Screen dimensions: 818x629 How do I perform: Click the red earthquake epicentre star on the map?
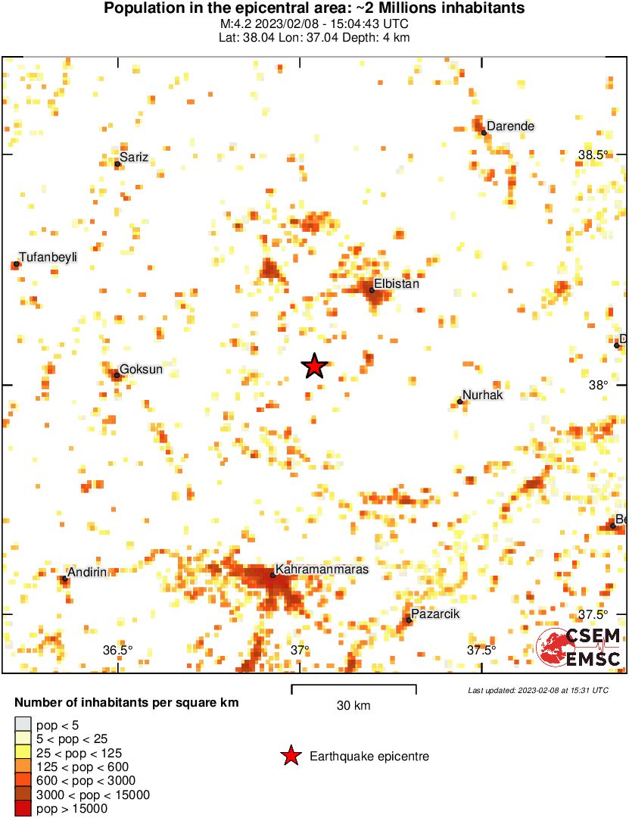(x=314, y=366)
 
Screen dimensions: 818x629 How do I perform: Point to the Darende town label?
(x=510, y=126)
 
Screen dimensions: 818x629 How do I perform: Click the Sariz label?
(x=134, y=158)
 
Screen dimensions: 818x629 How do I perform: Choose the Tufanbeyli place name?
(x=48, y=258)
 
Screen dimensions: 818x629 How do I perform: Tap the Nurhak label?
(x=482, y=395)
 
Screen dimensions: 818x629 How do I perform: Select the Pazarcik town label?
(x=435, y=613)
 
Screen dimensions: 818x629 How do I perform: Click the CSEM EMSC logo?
(x=580, y=647)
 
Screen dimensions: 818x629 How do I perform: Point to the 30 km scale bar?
(x=353, y=688)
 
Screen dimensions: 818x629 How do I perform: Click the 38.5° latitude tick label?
(x=593, y=155)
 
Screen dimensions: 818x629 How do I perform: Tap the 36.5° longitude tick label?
(x=118, y=650)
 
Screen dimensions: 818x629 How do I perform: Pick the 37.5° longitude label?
(x=481, y=650)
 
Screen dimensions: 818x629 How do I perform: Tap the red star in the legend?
(x=290, y=756)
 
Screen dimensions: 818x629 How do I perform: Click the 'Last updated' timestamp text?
(x=537, y=691)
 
